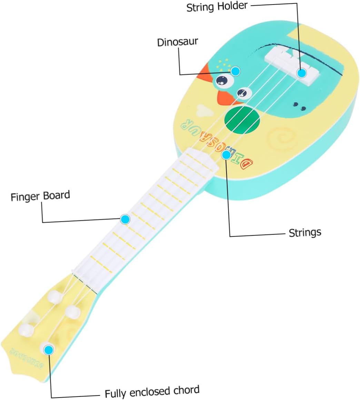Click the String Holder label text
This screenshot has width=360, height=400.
coord(217,7)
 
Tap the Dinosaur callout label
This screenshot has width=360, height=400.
coord(178,42)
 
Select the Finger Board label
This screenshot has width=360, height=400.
coord(40,196)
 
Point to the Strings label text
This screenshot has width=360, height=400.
coord(305,232)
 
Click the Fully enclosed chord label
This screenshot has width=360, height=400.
coord(152,392)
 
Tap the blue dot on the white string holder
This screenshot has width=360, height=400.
coord(302,73)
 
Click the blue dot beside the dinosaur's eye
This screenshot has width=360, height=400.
coord(236,71)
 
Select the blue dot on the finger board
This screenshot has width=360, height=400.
coord(125,219)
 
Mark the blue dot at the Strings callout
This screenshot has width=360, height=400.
coord(226,155)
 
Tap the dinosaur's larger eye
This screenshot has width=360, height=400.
coord(222,81)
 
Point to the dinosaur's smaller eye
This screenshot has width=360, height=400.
coord(243,92)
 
